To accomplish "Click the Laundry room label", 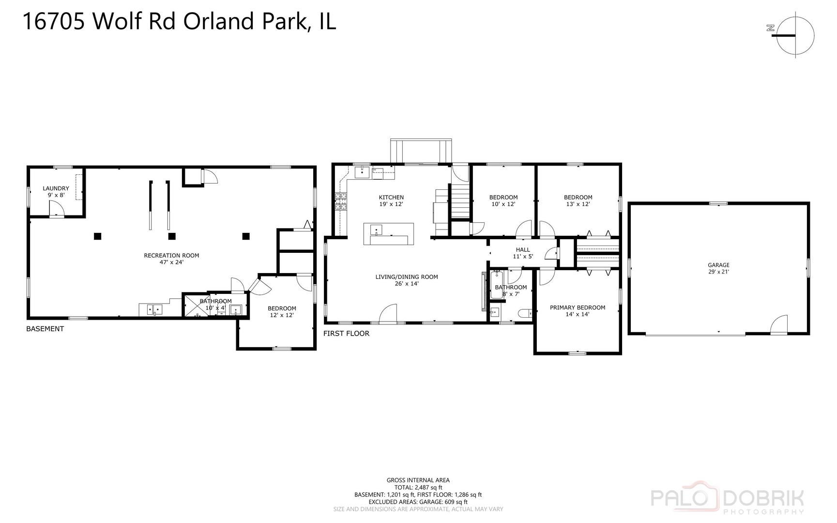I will (x=56, y=192).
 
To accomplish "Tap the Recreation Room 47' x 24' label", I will (x=171, y=259).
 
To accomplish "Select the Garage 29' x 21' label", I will (x=718, y=268).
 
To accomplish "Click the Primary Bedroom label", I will (x=577, y=310).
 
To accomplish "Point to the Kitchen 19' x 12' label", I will (x=391, y=200).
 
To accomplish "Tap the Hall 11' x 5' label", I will (x=523, y=253).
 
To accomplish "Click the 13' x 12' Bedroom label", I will (x=578, y=200).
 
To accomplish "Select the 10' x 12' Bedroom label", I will (x=503, y=200).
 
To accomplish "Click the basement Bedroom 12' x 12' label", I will (x=282, y=311).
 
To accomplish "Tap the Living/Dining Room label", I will (x=406, y=280).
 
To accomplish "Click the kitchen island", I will (x=389, y=234).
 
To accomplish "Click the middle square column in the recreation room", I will (x=171, y=236).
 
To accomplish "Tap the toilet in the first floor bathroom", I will (x=524, y=314).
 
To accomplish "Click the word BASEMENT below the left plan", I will (x=45, y=329).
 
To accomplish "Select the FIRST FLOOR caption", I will (x=346, y=334).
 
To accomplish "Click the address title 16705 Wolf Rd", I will (x=179, y=22).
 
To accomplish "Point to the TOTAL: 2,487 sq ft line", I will (x=418, y=488).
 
